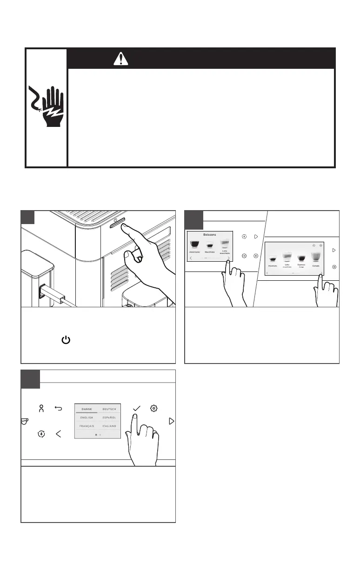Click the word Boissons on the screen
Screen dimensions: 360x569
209,235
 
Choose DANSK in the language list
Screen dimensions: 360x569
87,409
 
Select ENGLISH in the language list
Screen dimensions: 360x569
87,417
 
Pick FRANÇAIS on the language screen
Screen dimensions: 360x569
87,426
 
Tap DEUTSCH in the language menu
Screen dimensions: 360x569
109,409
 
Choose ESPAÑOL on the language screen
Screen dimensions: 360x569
109,417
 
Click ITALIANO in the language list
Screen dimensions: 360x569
109,426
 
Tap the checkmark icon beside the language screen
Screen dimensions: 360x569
137,409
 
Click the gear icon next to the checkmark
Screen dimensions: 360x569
153,409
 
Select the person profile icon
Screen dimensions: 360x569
41,409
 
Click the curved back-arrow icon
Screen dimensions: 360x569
59,409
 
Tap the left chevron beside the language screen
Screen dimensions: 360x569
59,434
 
